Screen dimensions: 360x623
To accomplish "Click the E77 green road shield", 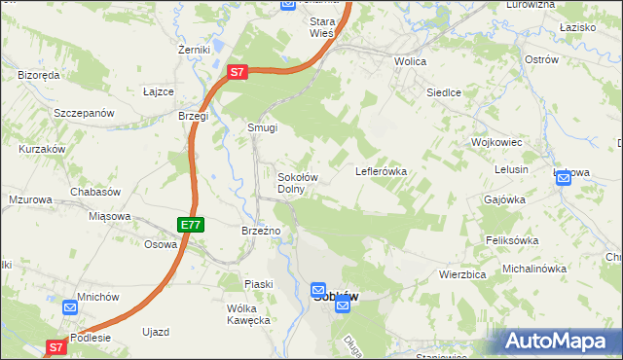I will pyautogui.click(x=191, y=225).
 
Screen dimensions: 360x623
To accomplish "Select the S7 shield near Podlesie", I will pyautogui.click(x=56, y=346).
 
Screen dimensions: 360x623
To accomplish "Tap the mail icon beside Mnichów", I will pyautogui.click(x=70, y=307).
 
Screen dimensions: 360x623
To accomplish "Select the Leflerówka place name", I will pyautogui.click(x=381, y=171).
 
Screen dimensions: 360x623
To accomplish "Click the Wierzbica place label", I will pyautogui.click(x=462, y=274).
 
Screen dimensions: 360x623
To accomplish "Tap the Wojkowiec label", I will pyautogui.click(x=497, y=142).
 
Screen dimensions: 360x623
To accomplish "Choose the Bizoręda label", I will pyautogui.click(x=40, y=75).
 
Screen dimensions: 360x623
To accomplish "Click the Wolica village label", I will pyautogui.click(x=412, y=60).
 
